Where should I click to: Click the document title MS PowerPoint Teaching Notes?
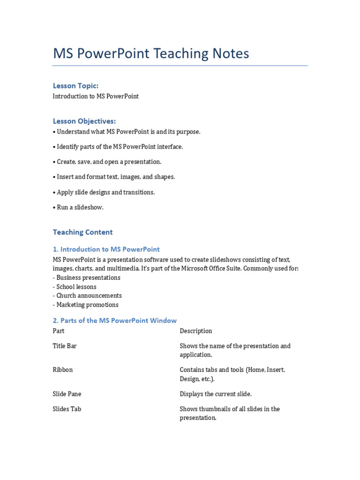[x=151, y=53]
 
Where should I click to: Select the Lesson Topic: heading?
[x=75, y=86]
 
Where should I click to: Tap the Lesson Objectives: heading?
[x=84, y=121]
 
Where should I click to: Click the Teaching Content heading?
[x=82, y=232]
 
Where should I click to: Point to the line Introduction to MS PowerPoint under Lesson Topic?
[x=96, y=96]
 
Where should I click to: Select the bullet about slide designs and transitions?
[x=105, y=192]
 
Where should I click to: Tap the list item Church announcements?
[x=89, y=296]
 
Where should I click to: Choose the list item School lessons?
[x=76, y=287]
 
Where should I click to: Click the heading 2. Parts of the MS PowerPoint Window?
[x=115, y=321]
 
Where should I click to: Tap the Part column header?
[x=59, y=331]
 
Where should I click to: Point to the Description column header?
[x=196, y=331]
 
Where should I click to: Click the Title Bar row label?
[x=65, y=346]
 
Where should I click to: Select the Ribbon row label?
[x=63, y=370]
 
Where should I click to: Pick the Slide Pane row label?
[x=67, y=394]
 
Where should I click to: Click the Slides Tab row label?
[x=67, y=409]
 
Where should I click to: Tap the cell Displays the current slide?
[x=216, y=394]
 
